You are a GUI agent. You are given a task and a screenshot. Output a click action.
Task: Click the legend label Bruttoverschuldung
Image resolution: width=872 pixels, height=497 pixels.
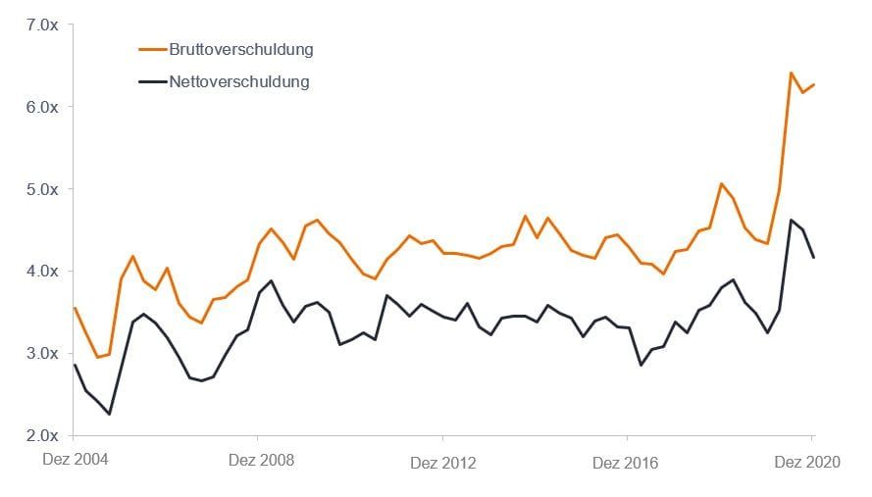[240, 49]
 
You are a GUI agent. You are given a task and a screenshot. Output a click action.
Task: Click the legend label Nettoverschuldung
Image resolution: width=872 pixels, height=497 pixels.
[238, 81]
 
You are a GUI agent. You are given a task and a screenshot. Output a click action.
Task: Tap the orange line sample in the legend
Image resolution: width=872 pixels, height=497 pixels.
[152, 49]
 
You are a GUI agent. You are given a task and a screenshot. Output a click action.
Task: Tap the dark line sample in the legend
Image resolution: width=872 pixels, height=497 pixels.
[152, 81]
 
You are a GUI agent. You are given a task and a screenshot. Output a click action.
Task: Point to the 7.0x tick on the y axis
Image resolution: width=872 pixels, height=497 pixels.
[42, 25]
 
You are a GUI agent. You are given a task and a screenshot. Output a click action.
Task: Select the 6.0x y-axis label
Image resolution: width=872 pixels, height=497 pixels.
[42, 107]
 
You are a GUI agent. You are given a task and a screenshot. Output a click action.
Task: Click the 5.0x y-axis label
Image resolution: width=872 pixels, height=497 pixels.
[42, 189]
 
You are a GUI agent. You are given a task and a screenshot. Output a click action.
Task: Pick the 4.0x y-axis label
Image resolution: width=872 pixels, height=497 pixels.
[42, 271]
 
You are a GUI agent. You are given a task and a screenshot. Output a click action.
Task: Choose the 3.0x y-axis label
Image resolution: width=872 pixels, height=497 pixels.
[42, 353]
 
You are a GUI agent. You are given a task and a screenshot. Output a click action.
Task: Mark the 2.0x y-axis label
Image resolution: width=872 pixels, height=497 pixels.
[42, 435]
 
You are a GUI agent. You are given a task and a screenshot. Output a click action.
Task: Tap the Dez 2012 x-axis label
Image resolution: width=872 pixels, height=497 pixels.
[442, 462]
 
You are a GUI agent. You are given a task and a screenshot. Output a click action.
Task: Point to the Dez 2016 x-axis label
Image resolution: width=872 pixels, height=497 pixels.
[627, 462]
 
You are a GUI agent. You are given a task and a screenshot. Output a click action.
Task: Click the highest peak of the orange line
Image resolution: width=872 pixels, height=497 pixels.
[791, 73]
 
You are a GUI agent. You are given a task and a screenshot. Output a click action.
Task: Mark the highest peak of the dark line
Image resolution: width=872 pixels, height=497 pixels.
[791, 220]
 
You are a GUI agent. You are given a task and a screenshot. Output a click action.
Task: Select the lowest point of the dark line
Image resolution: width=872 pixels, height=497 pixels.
[109, 414]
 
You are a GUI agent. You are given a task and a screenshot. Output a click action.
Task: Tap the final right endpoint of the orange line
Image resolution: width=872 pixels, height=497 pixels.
[814, 84]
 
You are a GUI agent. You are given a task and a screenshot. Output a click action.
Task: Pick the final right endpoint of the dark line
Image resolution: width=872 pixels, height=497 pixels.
[814, 257]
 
